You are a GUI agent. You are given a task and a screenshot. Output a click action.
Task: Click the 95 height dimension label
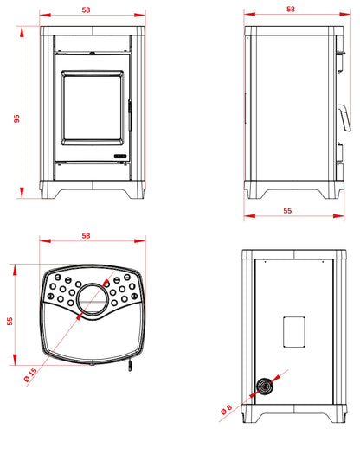point(16,118)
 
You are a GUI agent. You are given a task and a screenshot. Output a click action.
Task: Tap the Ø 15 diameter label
point(30,374)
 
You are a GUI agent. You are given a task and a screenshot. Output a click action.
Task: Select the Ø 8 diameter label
point(226,409)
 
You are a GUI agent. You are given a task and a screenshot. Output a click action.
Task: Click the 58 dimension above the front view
point(86,10)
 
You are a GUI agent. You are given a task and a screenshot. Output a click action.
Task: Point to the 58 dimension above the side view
point(291,9)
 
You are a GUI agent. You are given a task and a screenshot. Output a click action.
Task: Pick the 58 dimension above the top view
point(86,235)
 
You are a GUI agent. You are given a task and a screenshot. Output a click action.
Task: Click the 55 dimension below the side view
point(287,210)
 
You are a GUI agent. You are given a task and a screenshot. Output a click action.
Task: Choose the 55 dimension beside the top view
point(10,321)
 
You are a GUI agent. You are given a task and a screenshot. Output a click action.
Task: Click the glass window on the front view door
point(92,108)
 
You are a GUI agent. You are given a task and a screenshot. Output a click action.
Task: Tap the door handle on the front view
point(130,116)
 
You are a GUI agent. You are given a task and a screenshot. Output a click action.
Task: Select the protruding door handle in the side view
point(344,118)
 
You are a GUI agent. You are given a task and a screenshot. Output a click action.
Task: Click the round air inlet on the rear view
point(265,387)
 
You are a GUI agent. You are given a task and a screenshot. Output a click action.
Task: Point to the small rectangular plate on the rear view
point(294,332)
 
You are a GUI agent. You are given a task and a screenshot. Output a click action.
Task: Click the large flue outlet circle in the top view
point(93,299)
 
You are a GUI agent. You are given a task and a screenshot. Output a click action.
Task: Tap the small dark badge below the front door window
point(120,156)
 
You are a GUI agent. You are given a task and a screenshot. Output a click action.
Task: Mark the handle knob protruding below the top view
point(130,366)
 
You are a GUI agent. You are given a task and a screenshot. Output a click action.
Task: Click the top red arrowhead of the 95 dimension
point(22,32)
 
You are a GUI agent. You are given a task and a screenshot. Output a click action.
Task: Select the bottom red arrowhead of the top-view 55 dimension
point(15,359)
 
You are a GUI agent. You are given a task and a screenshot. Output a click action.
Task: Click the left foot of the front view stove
point(50,194)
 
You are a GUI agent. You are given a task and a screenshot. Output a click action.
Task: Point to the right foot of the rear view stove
point(336,418)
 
